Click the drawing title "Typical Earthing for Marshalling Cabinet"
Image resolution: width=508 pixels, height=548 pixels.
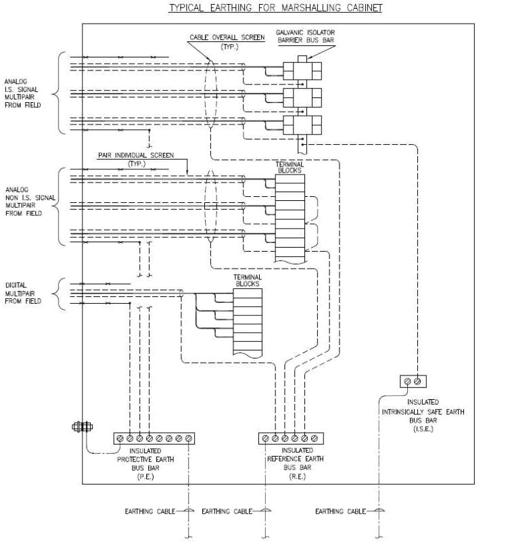click(275, 8)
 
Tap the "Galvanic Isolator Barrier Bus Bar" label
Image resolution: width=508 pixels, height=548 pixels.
click(305, 36)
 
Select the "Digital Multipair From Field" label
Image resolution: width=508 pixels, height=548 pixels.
click(22, 293)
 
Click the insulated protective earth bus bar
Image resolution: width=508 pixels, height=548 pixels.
click(154, 438)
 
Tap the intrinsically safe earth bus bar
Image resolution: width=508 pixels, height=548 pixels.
click(412, 382)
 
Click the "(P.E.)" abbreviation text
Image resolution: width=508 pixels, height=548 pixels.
click(155, 476)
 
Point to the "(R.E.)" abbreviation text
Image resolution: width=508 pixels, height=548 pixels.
click(297, 476)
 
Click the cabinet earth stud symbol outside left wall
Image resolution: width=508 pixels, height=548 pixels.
click(81, 426)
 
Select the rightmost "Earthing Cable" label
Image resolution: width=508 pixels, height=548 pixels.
click(340, 511)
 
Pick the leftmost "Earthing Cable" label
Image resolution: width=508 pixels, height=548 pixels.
click(149, 511)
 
